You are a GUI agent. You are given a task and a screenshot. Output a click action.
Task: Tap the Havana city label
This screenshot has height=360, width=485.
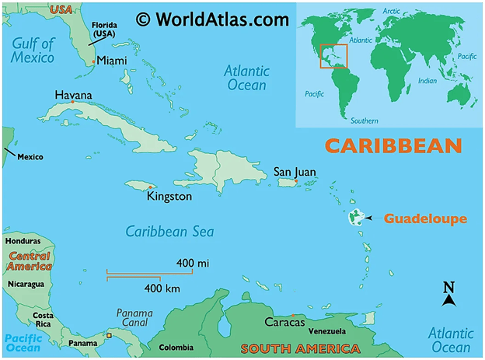73,95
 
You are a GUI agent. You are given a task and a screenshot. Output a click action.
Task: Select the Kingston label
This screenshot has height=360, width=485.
169,197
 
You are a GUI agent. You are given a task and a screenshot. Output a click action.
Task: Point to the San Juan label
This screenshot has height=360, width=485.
295,172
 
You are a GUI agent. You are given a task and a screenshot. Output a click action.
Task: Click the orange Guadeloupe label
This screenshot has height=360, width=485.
425,218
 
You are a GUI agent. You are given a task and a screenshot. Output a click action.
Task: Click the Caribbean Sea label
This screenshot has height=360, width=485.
170,232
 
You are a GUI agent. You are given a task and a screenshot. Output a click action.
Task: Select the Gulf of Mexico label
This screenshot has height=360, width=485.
33,51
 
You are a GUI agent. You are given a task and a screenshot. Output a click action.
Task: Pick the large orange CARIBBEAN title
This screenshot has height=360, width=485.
393,145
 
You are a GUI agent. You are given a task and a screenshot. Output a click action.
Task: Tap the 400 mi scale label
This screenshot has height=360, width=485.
193,264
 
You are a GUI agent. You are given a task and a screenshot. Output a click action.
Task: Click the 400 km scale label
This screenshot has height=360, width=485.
163,288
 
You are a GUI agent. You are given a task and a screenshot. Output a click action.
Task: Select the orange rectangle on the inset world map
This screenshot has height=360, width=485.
333,55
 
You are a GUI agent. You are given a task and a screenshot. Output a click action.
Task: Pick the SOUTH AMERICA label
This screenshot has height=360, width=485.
286,348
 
